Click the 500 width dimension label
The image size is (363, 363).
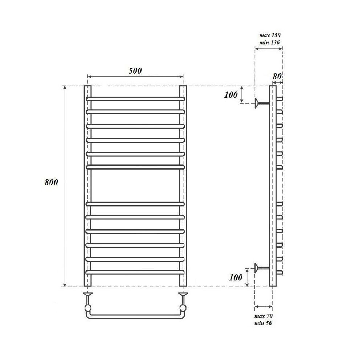[135, 71]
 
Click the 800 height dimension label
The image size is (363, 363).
[51, 183]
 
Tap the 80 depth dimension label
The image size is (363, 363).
[277, 76]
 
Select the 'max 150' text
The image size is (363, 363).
[270, 35]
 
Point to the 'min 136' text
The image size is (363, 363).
[269, 42]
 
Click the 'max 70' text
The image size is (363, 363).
[264, 316]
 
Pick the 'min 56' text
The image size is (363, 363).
[263, 323]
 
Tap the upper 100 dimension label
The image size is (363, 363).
[231, 95]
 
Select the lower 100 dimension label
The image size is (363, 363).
[236, 277]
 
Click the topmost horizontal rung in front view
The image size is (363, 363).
[135, 99]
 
